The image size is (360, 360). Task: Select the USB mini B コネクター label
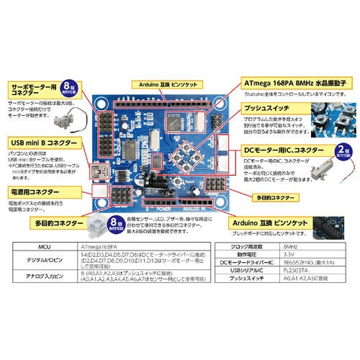(37, 144)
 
